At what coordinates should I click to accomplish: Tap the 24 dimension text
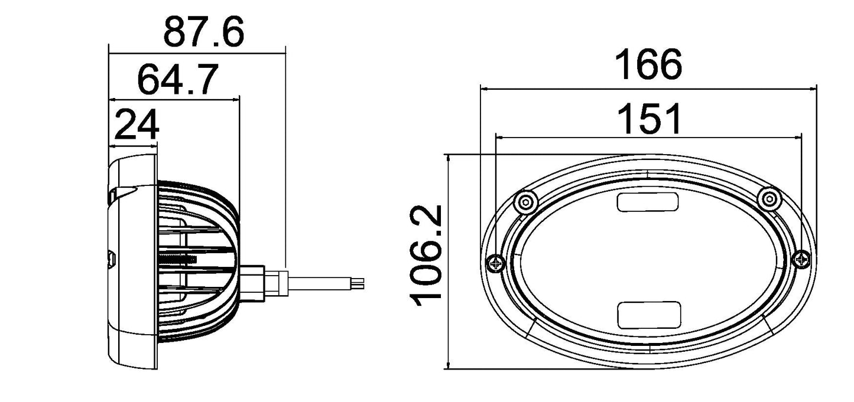click(137, 125)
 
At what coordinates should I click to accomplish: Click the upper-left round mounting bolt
click(524, 202)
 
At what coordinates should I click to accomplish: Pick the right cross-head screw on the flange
click(802, 259)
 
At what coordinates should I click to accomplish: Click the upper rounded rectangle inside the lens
click(648, 202)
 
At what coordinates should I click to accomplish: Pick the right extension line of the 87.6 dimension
click(285, 153)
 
